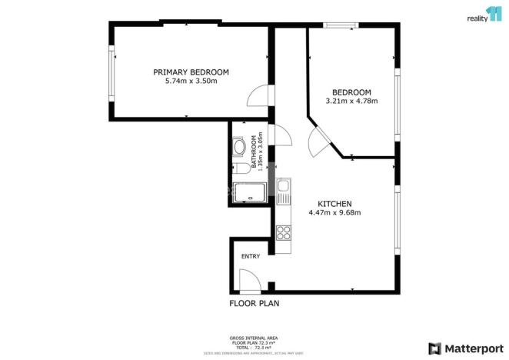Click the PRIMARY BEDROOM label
click(191, 72)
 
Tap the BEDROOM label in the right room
click(352, 91)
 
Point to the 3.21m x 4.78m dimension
click(352, 100)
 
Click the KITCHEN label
click(334, 203)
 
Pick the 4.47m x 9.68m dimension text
click(334, 212)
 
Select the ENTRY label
click(251, 256)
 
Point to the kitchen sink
click(283, 187)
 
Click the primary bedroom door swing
click(258, 95)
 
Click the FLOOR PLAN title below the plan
click(254, 303)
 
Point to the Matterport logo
click(466, 347)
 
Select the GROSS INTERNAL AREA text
click(254, 338)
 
